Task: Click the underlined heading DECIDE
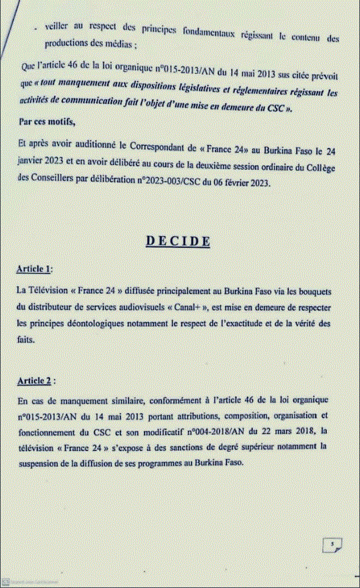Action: coord(178,240)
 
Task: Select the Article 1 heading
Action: coord(33,269)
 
